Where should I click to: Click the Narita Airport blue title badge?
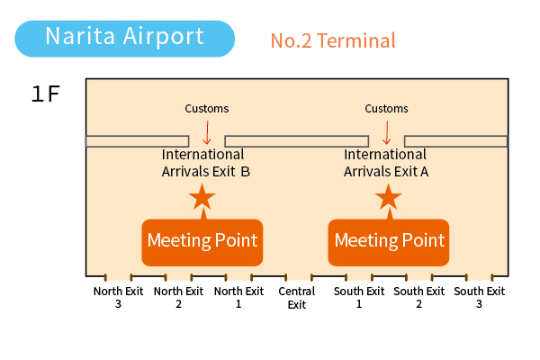pyautogui.click(x=125, y=39)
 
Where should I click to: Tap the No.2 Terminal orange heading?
pyautogui.click(x=333, y=40)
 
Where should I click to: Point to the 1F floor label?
pyautogui.click(x=46, y=94)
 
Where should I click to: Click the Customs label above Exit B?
pyautogui.click(x=207, y=109)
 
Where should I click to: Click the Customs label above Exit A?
pyautogui.click(x=386, y=109)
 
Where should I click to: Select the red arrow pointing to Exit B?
pyautogui.click(x=207, y=132)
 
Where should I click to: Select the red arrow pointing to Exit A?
pyautogui.click(x=387, y=132)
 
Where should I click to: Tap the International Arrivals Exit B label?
pyautogui.click(x=206, y=163)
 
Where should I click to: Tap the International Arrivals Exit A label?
pyautogui.click(x=386, y=163)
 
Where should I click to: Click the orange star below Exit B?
pyautogui.click(x=202, y=197)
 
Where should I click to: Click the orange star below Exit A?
pyautogui.click(x=389, y=197)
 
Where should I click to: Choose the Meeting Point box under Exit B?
pyautogui.click(x=202, y=242)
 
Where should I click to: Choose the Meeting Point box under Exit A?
pyautogui.click(x=389, y=242)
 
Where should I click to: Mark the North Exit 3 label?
pyautogui.click(x=118, y=297)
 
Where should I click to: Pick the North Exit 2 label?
pyautogui.click(x=178, y=297)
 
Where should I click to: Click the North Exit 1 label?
pyautogui.click(x=238, y=297)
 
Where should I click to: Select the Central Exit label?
pyautogui.click(x=297, y=298)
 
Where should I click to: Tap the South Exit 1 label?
pyautogui.click(x=359, y=297)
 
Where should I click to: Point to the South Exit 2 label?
pyautogui.click(x=418, y=297)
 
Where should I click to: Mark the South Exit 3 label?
pyautogui.click(x=479, y=297)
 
